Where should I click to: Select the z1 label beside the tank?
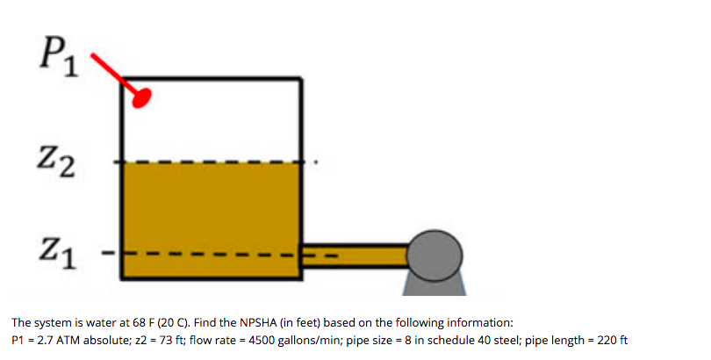point(58,256)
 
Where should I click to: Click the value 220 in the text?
point(600,340)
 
